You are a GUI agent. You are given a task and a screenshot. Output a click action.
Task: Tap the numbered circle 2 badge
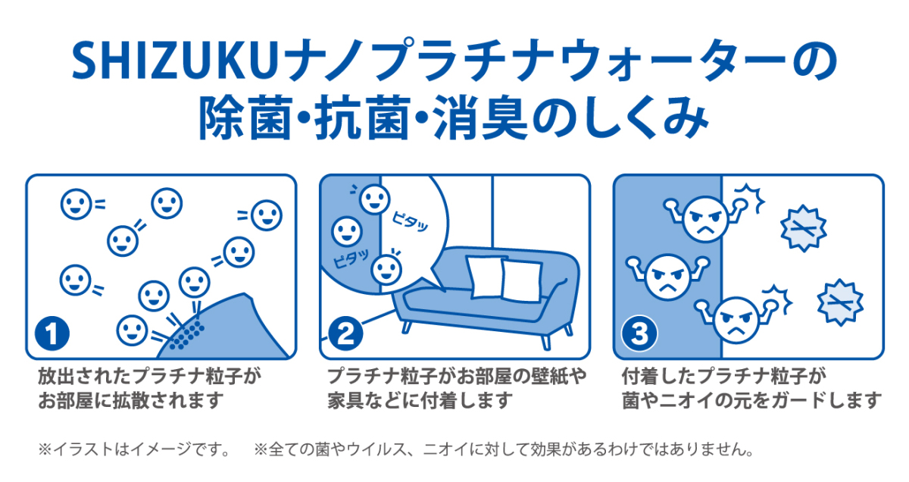click(x=345, y=334)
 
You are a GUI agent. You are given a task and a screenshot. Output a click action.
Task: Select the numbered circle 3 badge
click(x=638, y=334)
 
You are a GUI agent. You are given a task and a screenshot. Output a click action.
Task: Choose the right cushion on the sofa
click(x=523, y=280)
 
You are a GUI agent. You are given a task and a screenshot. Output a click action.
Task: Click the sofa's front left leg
click(x=408, y=326)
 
